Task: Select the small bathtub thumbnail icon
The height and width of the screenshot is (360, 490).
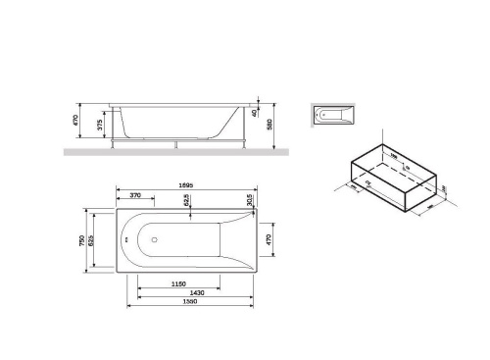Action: pos(333,116)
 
